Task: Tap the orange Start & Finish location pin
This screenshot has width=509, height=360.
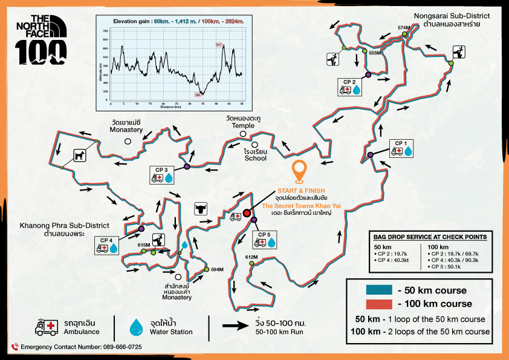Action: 298,171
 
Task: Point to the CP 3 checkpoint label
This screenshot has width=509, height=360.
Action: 162,169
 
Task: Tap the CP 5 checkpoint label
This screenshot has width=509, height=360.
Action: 264,234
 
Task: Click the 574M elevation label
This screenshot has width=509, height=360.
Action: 404,28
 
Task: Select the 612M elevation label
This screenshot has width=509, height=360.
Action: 251,257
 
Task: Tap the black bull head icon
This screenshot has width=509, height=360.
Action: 199,209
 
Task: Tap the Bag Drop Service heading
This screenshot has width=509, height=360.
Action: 431,237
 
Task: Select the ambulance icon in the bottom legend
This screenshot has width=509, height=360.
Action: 47,327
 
